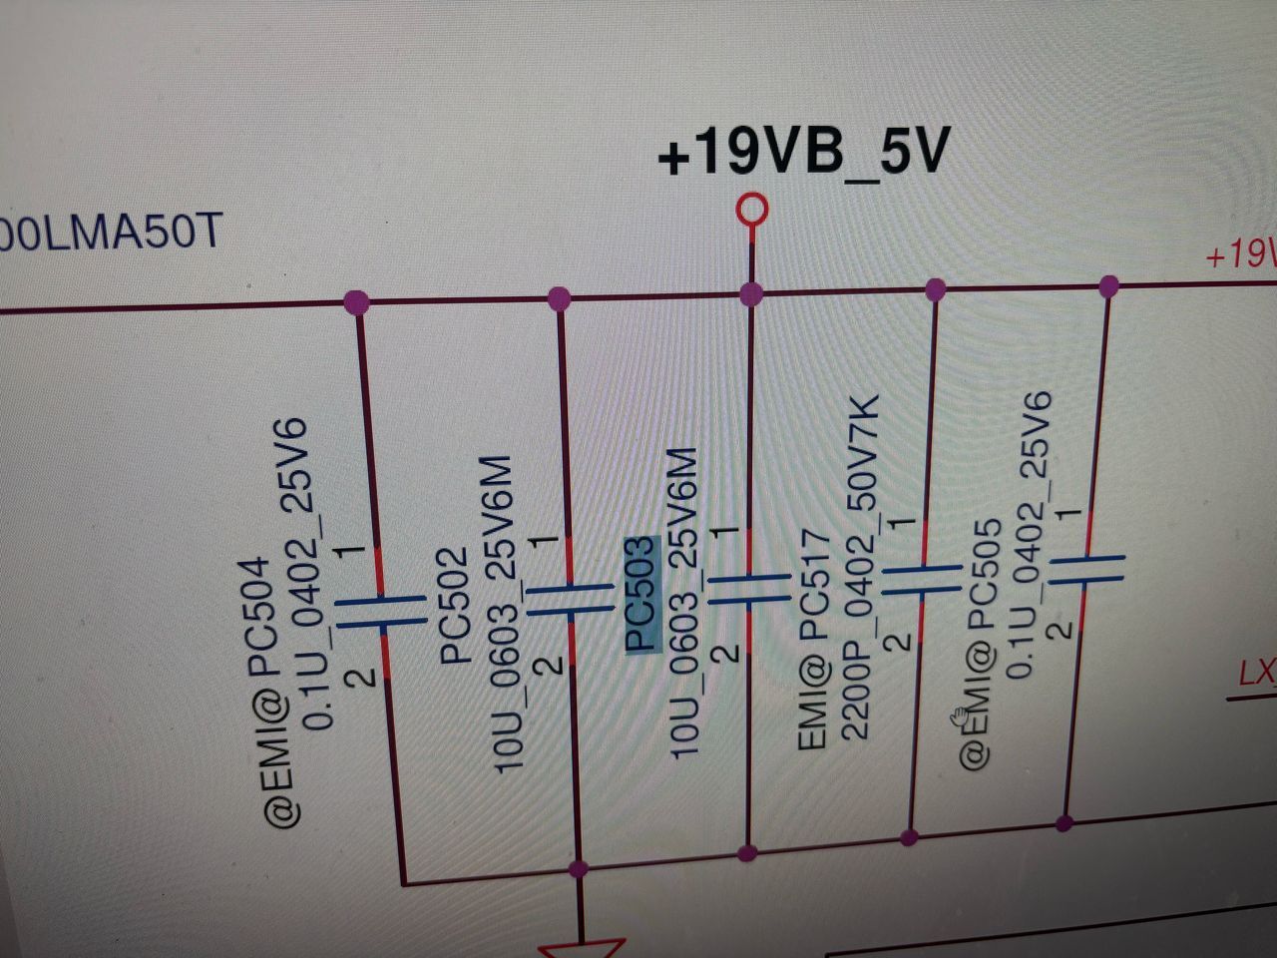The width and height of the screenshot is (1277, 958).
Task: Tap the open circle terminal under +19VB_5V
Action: click(751, 211)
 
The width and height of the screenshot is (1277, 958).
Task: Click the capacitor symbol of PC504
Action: click(378, 612)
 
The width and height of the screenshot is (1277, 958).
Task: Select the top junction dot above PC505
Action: click(1107, 287)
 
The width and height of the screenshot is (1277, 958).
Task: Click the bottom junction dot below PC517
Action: click(909, 836)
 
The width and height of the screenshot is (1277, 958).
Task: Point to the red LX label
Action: click(1256, 674)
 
